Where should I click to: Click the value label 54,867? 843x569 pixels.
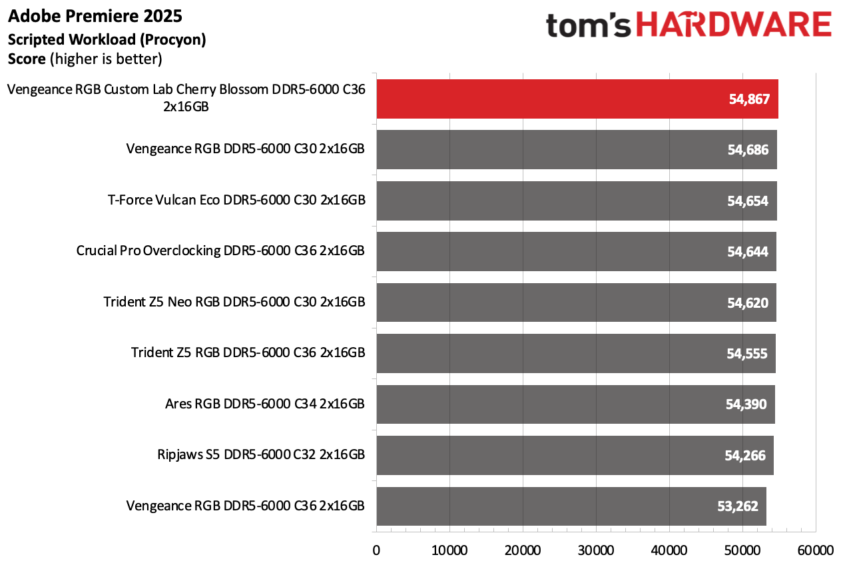click(x=749, y=100)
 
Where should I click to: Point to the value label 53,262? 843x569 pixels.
click(x=737, y=506)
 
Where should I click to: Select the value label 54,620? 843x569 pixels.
click(x=748, y=303)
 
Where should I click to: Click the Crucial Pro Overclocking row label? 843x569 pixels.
click(x=220, y=251)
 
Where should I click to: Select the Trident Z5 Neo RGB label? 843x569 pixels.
click(x=234, y=302)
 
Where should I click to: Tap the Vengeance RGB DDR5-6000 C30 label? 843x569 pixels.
click(x=245, y=149)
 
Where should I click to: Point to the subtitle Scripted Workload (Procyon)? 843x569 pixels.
click(x=107, y=39)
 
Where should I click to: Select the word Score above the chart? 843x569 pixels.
click(x=27, y=59)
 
